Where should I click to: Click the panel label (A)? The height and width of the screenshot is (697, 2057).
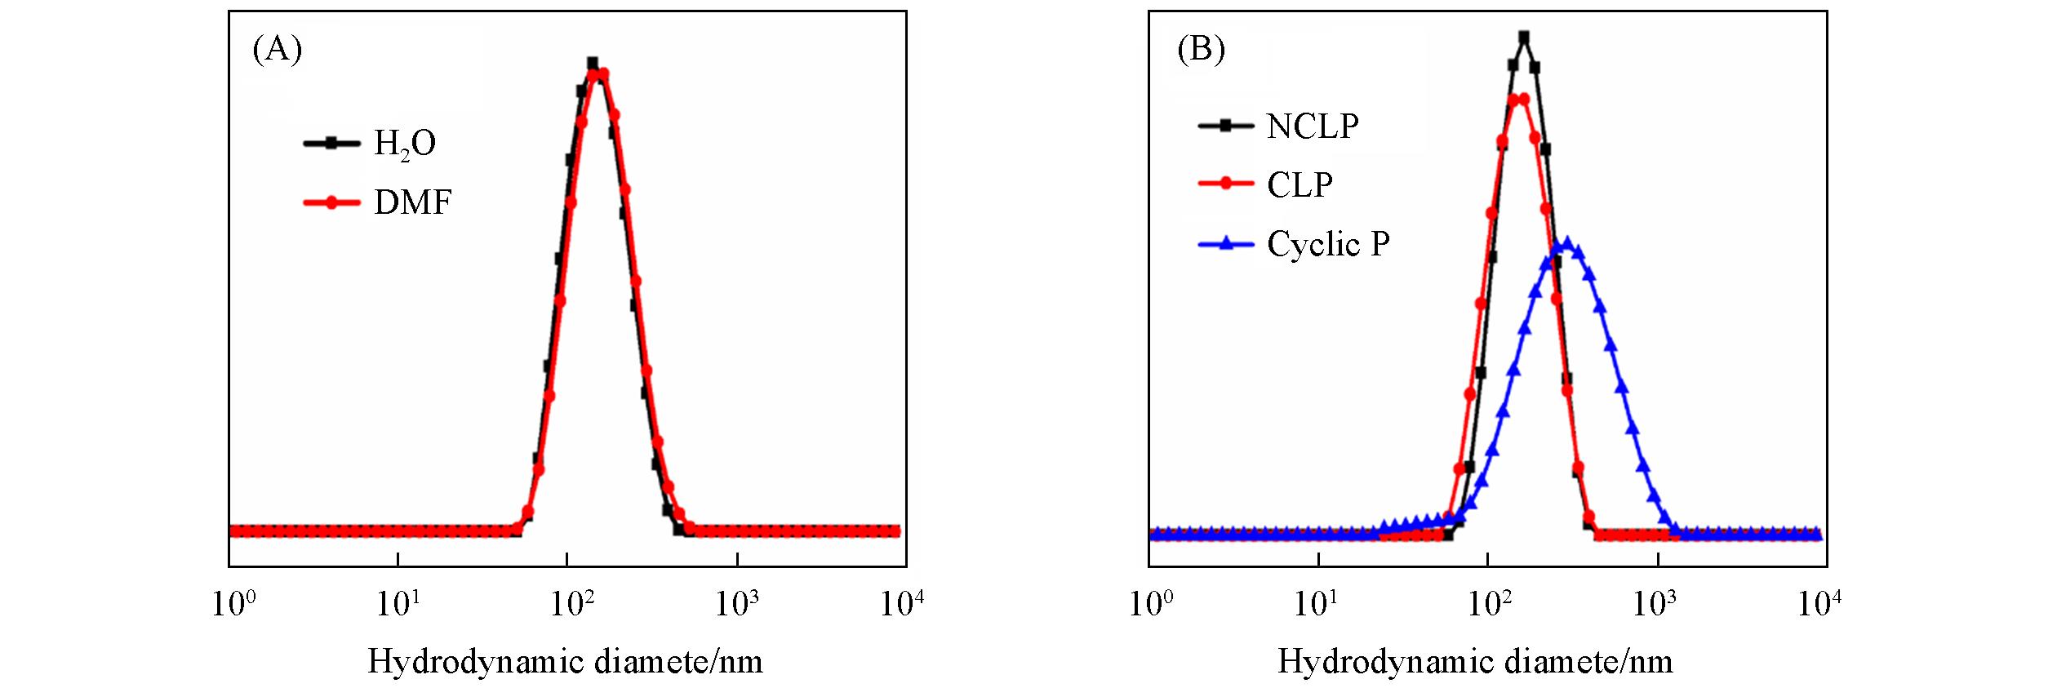click(x=278, y=51)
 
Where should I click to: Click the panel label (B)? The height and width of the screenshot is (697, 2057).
click(x=1201, y=51)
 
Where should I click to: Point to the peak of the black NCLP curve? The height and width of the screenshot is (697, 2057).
click(x=1523, y=38)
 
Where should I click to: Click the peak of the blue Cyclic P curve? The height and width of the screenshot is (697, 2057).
click(x=1566, y=243)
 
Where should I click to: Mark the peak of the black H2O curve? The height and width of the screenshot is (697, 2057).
click(x=593, y=63)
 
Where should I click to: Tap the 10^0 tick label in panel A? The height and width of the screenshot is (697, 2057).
click(x=233, y=605)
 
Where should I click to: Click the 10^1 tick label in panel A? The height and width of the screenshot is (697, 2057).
click(x=398, y=605)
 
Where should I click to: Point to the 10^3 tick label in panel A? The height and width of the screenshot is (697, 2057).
click(x=737, y=605)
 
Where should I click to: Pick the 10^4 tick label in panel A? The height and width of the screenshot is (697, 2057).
click(x=902, y=605)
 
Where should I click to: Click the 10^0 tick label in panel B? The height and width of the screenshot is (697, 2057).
click(x=1152, y=605)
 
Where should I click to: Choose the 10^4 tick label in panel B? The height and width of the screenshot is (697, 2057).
click(x=1819, y=605)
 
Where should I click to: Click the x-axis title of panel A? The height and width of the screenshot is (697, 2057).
click(x=565, y=661)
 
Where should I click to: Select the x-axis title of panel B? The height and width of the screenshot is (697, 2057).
click(x=1475, y=661)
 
